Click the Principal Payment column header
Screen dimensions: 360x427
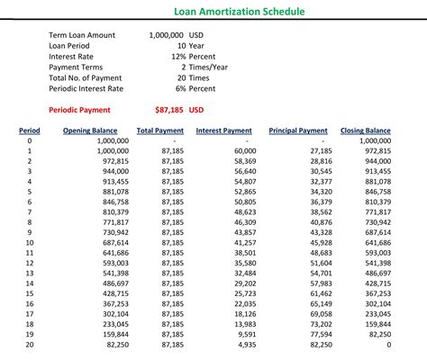pyautogui.click(x=298, y=131)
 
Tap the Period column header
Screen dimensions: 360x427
pyautogui.click(x=29, y=131)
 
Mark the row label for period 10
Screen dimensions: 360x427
pyautogui.click(x=29, y=243)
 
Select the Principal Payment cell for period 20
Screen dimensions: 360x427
pyautogui.click(x=319, y=345)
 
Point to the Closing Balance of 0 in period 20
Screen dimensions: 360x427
pyautogui.click(x=388, y=345)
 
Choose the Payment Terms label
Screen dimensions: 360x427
pyautogui.click(x=77, y=67)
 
